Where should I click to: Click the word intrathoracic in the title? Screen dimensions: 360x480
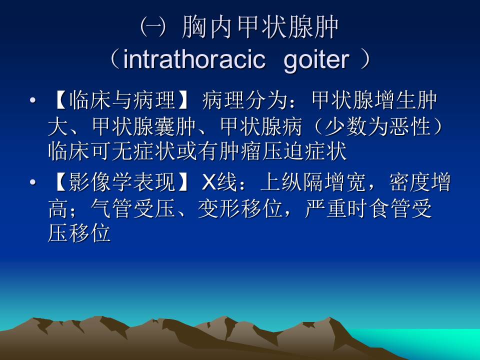(194, 60)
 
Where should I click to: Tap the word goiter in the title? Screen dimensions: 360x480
(315, 60)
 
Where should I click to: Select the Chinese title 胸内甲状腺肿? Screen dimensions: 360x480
(261, 28)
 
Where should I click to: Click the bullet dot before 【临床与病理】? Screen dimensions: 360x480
(32, 101)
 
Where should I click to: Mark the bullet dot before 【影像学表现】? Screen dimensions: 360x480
(32, 184)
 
